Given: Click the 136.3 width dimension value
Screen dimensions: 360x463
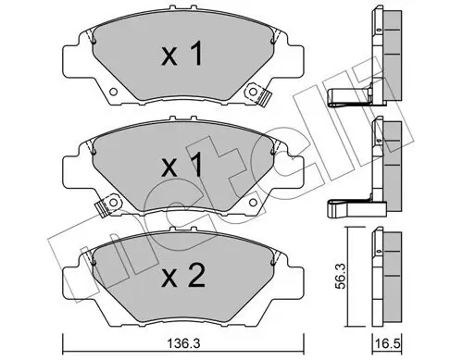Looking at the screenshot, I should point(181,343).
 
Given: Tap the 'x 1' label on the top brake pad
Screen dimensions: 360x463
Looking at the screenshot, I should point(182,56).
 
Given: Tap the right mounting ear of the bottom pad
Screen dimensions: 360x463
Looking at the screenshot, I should point(297,276).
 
